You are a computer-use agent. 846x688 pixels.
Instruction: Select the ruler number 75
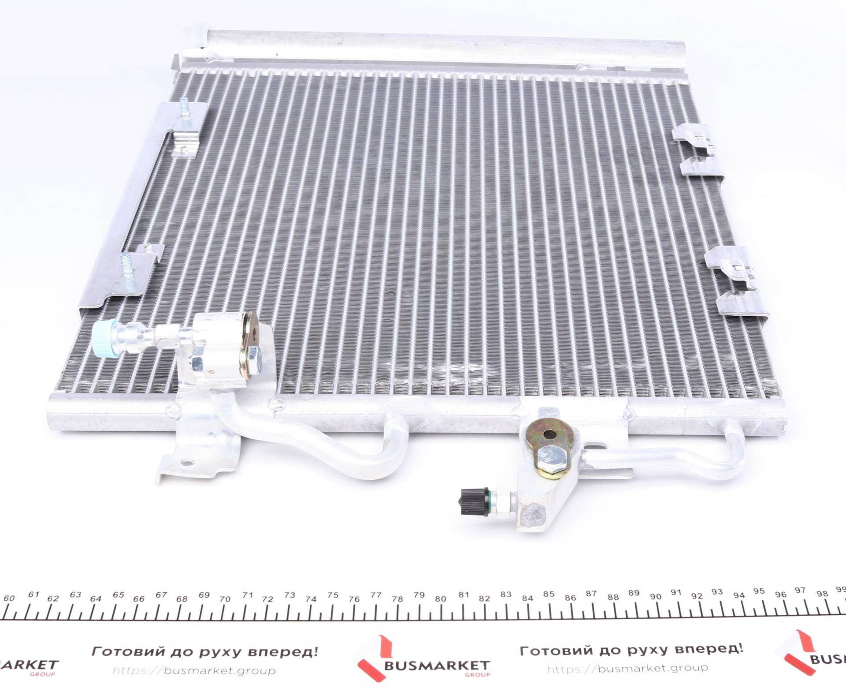click(333, 595)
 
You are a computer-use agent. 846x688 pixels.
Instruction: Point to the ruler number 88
click(612, 597)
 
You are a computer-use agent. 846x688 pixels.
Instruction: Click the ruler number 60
click(9, 598)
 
